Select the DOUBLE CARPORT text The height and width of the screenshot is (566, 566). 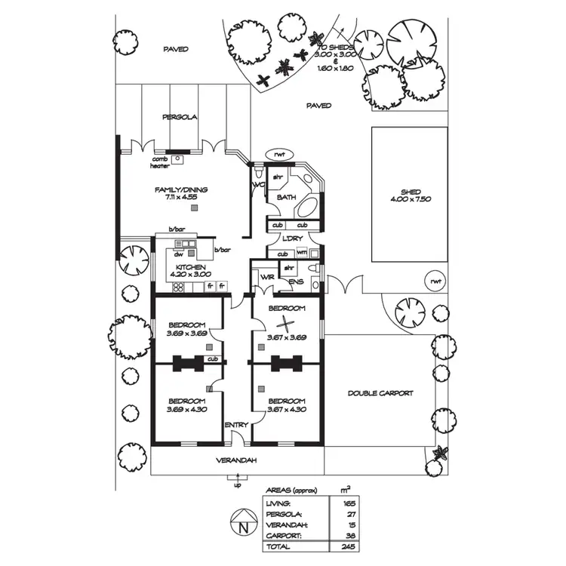coord(380,393)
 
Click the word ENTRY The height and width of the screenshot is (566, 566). coord(236,426)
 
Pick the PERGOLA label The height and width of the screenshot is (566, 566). coord(180,118)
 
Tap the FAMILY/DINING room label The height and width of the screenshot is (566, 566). coord(181,189)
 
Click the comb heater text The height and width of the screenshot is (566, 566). coord(160,162)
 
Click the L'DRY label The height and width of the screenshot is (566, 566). coord(292,239)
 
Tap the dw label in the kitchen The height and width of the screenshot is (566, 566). coord(180,254)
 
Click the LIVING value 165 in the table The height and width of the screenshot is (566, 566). coord(349,503)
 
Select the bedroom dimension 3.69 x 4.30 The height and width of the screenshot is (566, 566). coord(187,410)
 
